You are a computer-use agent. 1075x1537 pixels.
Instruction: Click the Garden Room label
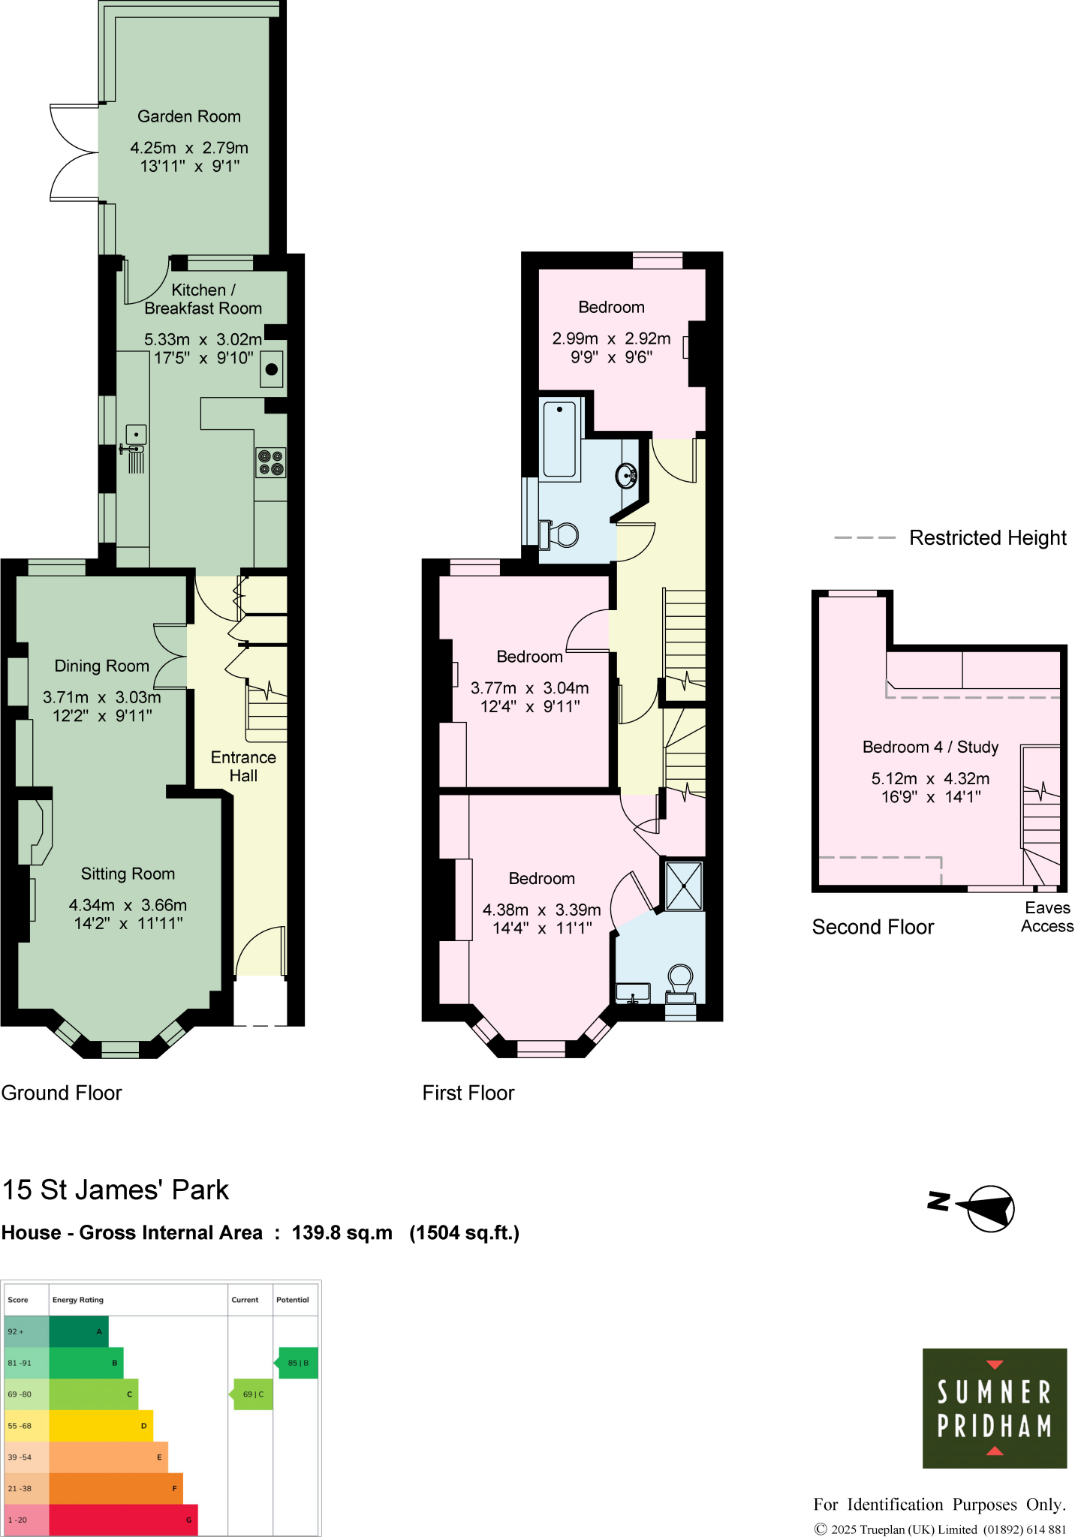189,116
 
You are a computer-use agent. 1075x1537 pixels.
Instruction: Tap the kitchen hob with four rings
271,462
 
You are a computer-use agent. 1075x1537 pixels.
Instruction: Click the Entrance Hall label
243,766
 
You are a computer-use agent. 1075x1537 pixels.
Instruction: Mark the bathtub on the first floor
559,439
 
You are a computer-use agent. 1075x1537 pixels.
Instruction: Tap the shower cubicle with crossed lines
684,886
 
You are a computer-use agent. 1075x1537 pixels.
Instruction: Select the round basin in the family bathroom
626,475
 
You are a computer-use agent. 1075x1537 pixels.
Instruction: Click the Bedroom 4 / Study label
930,747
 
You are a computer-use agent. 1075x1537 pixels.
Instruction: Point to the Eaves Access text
1047,917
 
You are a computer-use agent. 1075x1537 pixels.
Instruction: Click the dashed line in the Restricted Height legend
865,537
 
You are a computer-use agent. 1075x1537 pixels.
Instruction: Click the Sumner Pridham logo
994,1408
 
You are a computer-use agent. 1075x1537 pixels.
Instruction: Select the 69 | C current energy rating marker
253,1394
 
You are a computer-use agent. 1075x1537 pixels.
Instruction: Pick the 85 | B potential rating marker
298,1363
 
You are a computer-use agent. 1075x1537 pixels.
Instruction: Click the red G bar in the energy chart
123,1520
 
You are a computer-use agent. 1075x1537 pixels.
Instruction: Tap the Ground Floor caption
62,1093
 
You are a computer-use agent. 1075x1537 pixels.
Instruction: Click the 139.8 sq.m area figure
342,1233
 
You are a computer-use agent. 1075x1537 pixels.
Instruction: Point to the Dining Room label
102,666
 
